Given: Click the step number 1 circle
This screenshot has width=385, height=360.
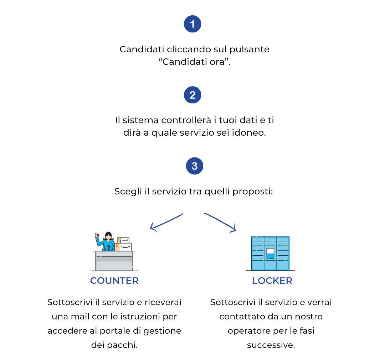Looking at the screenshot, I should tap(192, 24).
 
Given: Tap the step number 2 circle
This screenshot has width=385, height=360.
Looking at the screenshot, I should tap(192, 95).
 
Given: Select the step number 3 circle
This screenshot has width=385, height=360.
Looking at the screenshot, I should tap(194, 166).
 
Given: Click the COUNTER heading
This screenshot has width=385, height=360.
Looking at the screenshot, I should tap(114, 281).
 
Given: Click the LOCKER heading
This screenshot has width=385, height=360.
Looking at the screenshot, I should tap(272, 281).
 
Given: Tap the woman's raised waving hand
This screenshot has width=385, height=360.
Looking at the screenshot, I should tap(96, 236).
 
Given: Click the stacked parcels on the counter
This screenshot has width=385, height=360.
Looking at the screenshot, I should tap(124, 244).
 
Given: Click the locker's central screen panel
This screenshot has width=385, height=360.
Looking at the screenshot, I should tap(271, 253).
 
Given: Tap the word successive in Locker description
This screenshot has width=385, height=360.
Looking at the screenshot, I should tap(271, 345).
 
